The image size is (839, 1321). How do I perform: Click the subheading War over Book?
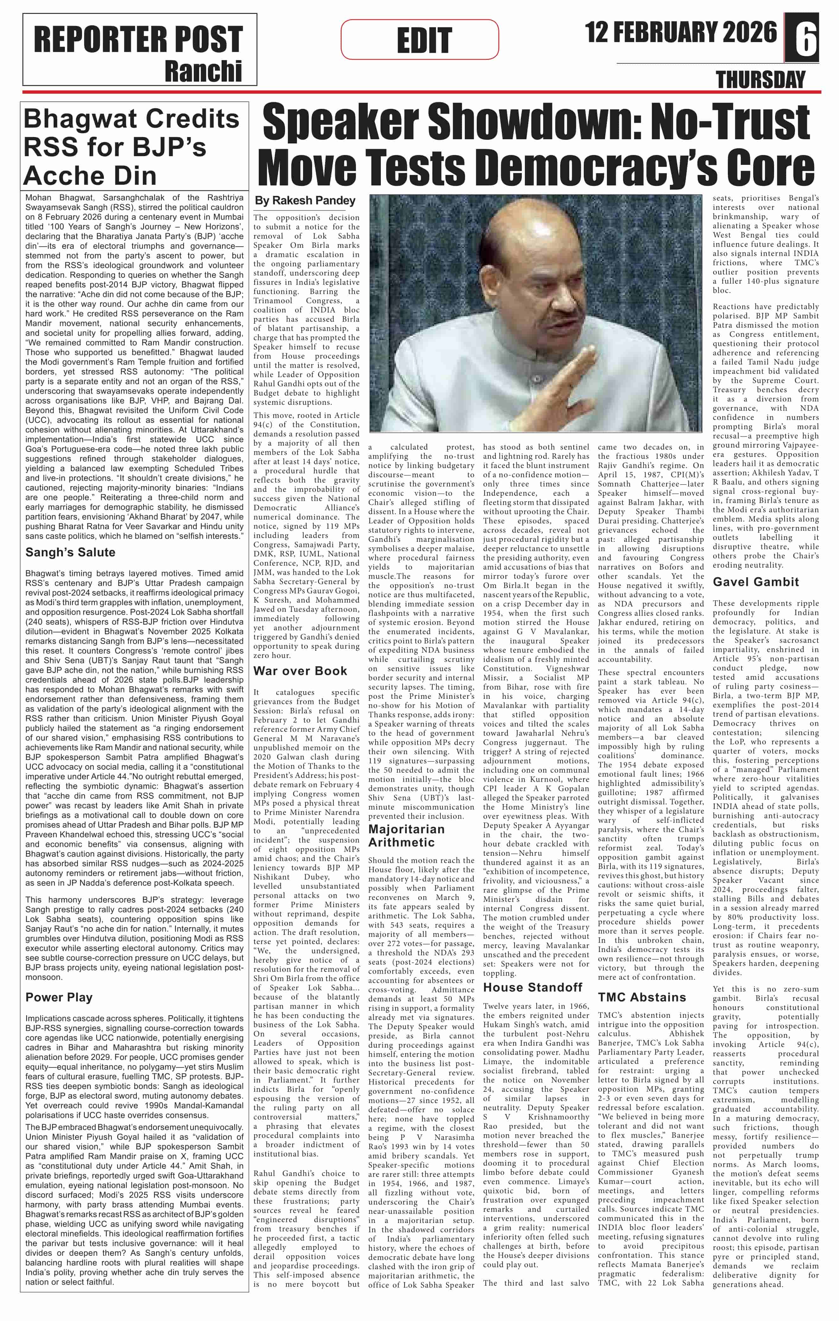(x=300, y=671)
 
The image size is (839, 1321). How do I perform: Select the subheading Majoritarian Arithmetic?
(x=406, y=836)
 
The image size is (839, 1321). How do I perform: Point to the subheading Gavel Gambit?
(x=756, y=582)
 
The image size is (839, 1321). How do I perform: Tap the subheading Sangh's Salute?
(x=70, y=553)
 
